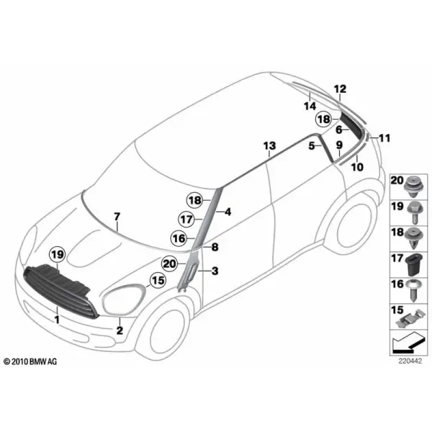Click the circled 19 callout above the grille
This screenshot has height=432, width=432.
[x=58, y=255]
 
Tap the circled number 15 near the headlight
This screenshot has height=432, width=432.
[x=158, y=281]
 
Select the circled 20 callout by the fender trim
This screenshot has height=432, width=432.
[x=170, y=264]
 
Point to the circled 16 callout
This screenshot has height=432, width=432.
[x=179, y=238]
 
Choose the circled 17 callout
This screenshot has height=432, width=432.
[x=186, y=220]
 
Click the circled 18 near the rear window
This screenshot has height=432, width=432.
[x=324, y=120]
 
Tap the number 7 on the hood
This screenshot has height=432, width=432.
[x=117, y=217]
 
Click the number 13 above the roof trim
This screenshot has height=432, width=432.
[x=269, y=145]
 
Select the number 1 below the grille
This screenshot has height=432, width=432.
[x=57, y=320]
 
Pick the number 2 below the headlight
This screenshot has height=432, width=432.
[x=120, y=330]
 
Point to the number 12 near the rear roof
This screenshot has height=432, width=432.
[x=340, y=89]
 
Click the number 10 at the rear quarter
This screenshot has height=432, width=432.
[x=357, y=167]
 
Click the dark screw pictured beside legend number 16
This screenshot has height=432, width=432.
[x=413, y=290]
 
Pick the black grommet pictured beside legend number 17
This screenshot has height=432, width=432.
[x=413, y=265]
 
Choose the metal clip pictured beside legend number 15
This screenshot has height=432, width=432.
[x=410, y=320]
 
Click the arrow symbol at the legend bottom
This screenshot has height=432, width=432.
[x=408, y=343]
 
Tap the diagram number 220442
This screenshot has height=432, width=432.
[x=410, y=361]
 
